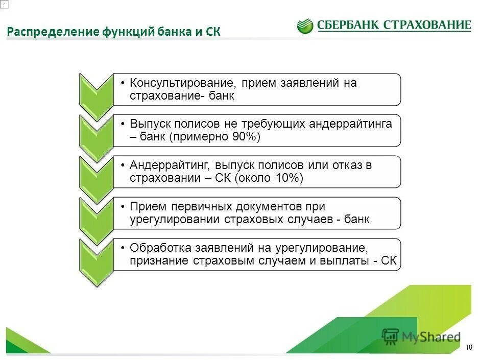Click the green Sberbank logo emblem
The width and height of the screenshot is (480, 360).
pyautogui.click(x=305, y=26)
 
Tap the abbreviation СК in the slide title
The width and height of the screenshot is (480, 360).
pyautogui.click(x=212, y=32)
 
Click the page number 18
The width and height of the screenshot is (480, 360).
pyautogui.click(x=469, y=348)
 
